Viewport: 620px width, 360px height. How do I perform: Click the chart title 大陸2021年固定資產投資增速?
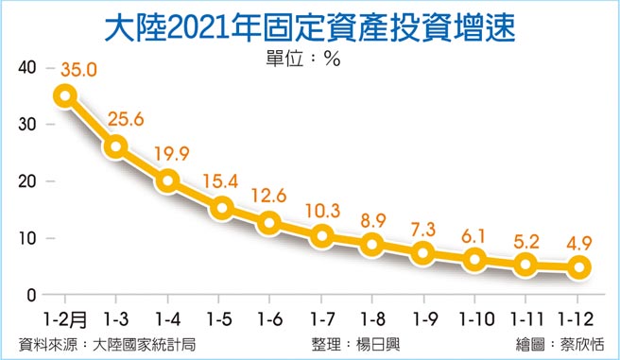click(309, 26)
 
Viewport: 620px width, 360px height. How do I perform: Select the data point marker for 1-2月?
click(65, 95)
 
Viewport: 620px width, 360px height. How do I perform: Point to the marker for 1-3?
click(117, 146)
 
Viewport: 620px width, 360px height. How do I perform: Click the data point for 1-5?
click(220, 208)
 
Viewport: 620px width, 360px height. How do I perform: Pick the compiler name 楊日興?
click(373, 344)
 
